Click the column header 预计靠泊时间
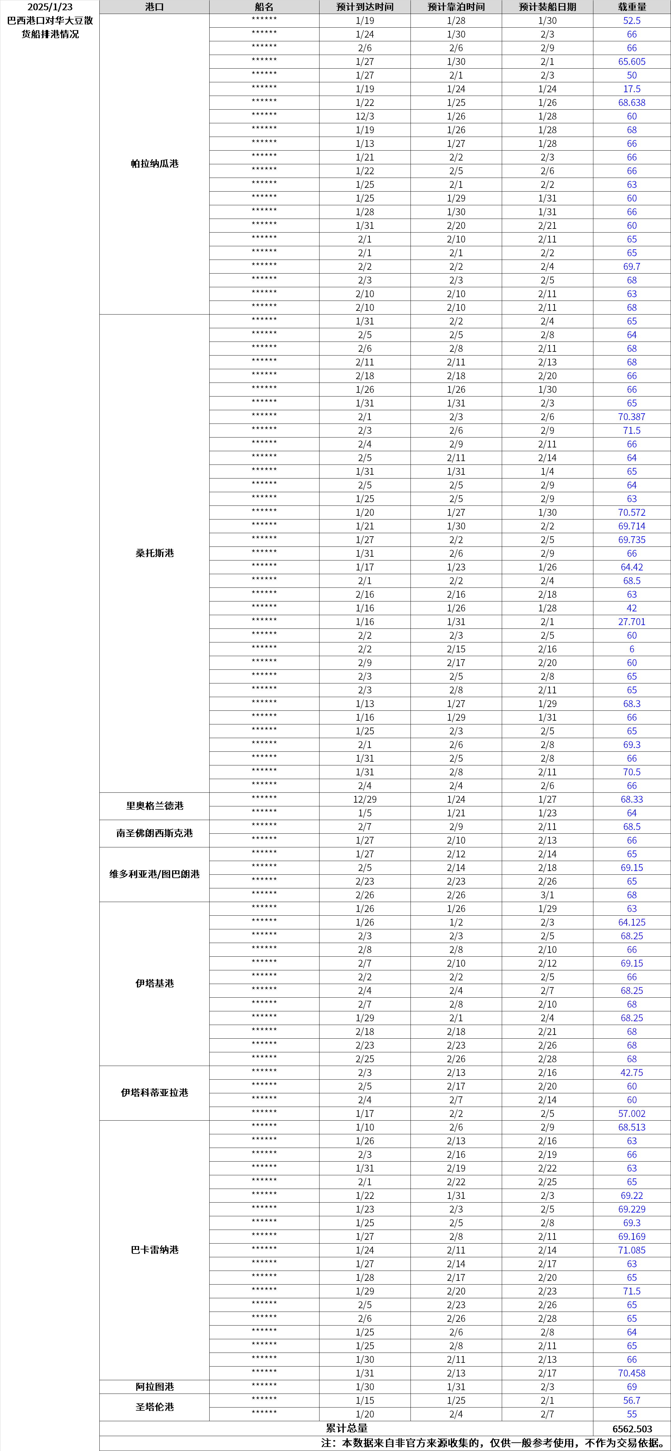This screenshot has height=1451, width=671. click(456, 7)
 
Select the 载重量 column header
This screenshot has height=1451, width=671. click(632, 7)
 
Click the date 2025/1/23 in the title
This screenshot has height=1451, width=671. click(50, 7)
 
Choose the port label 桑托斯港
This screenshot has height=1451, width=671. click(154, 553)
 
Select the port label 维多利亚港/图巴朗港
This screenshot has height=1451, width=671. click(154, 874)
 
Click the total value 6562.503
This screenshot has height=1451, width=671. click(632, 1428)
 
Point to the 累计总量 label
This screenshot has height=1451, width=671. click(347, 1428)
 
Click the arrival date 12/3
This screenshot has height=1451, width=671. click(365, 116)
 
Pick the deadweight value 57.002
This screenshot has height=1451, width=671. click(632, 1113)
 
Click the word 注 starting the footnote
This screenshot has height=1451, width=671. click(326, 1443)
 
